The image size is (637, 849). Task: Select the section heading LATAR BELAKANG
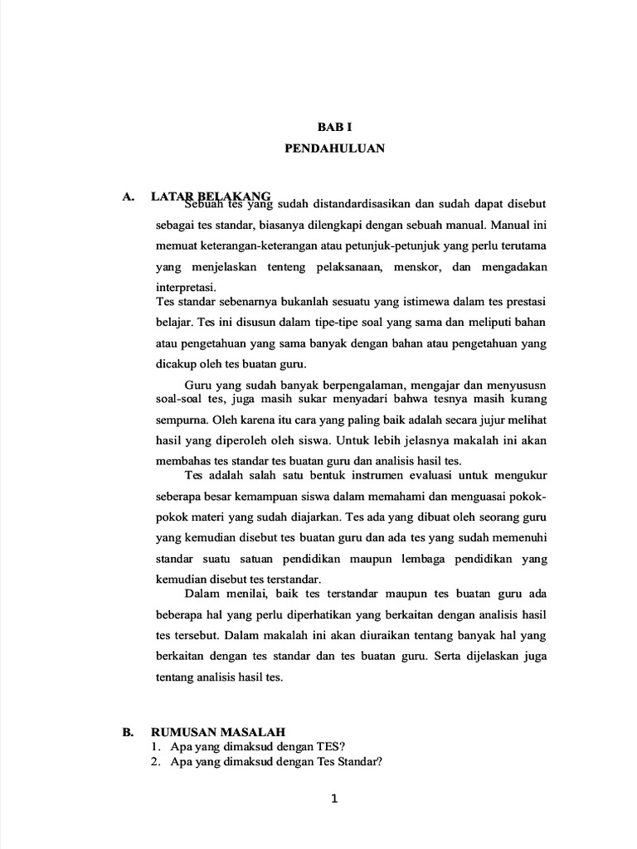pos(211,196)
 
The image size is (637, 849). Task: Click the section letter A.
pos(128,196)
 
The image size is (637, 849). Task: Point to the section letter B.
pos(128,731)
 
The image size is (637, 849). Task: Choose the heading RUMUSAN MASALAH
pos(218,731)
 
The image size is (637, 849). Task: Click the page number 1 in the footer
pos(334,799)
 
